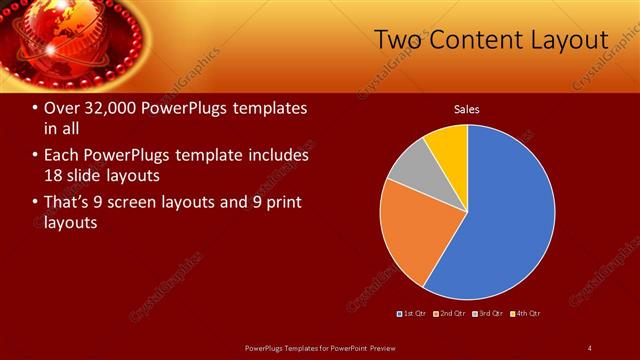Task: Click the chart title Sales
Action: [x=467, y=109]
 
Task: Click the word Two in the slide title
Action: [x=400, y=40]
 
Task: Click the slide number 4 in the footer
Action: [x=590, y=347]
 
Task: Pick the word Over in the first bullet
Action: [x=61, y=108]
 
